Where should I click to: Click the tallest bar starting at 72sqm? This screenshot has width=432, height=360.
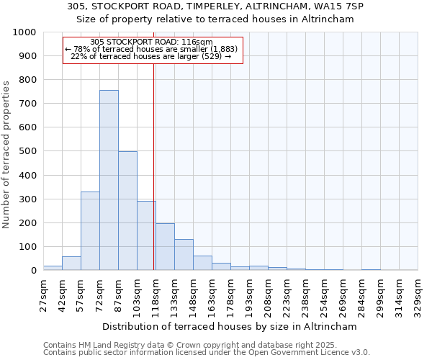point(109,180)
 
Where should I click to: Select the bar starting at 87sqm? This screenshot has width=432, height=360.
point(127,211)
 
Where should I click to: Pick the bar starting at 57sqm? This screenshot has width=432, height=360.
point(90,231)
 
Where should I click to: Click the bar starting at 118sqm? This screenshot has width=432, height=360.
point(165,247)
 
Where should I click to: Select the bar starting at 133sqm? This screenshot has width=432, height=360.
point(184,255)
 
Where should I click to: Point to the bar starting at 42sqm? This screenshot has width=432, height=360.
point(71,264)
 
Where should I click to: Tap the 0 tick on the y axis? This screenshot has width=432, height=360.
point(33,270)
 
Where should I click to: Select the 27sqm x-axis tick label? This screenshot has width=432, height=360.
point(43,294)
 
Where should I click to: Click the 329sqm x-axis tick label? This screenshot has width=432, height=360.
point(418,294)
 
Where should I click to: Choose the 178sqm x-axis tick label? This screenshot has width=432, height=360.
point(230,294)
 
